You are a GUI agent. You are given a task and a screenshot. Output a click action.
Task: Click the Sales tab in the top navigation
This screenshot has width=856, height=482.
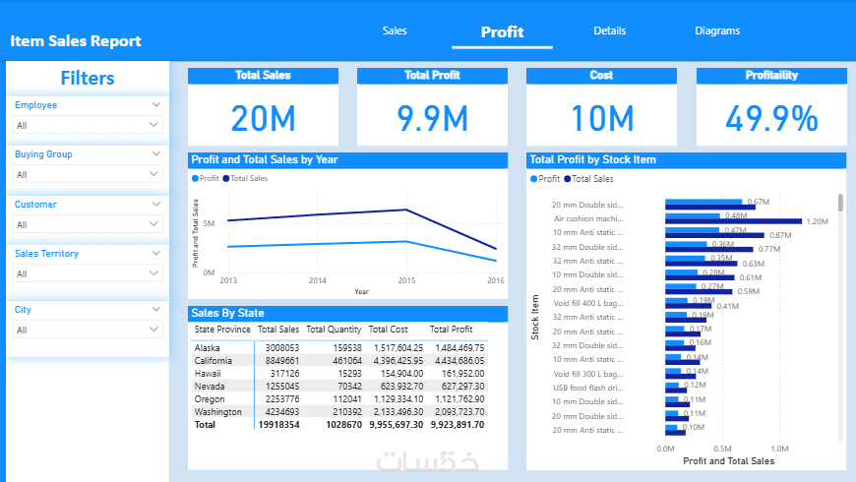395,31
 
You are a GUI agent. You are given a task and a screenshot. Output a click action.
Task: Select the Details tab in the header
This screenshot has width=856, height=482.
610,31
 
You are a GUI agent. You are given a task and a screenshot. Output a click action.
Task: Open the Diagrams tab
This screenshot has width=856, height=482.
717,31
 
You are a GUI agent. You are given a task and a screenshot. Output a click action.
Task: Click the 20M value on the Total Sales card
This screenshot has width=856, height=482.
263,118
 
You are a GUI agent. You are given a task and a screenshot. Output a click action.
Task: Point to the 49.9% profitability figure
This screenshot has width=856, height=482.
771,118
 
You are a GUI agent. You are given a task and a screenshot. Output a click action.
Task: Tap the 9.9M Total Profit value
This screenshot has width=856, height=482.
432,118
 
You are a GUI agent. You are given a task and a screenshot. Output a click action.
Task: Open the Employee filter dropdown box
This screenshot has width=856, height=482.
87,125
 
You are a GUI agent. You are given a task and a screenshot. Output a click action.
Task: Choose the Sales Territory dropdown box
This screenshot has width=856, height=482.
87,274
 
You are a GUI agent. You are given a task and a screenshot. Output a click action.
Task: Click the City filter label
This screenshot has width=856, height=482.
23,310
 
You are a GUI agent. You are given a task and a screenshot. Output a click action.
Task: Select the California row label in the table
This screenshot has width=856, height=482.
214,361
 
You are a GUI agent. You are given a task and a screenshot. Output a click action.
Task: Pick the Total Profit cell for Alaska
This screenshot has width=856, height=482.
458,348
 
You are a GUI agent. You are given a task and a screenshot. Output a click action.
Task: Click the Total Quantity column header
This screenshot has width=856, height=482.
334,330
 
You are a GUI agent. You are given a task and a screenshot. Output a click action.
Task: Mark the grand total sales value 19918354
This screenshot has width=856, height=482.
278,425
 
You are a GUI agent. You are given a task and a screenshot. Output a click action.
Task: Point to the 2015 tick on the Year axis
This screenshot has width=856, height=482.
407,280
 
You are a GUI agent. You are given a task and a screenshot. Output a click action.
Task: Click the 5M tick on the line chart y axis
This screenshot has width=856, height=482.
209,224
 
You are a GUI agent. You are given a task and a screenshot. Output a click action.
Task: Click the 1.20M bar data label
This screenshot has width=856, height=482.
818,221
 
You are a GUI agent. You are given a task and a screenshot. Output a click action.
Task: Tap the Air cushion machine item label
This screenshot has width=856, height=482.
588,218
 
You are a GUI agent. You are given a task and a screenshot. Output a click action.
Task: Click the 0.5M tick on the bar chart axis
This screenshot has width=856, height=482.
722,448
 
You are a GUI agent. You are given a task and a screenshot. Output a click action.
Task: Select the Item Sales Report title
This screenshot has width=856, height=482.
76,41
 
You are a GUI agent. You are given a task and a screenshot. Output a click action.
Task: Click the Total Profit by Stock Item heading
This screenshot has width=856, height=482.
592,159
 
